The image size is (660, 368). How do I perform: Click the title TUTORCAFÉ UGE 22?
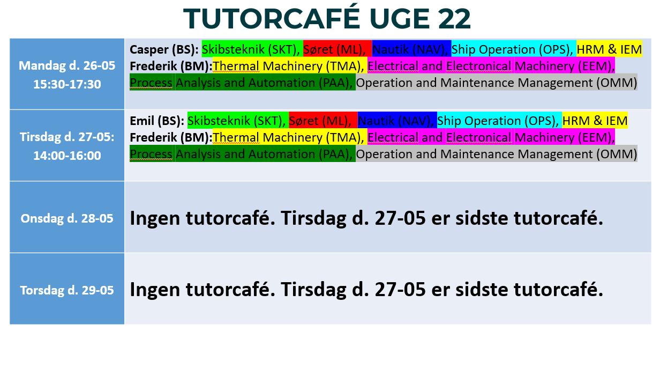327,18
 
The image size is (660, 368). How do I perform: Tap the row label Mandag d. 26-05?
67,66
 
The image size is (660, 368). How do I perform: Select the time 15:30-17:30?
67,84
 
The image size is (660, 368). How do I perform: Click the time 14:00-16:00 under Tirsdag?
67,156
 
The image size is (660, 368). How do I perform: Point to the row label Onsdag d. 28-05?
67,218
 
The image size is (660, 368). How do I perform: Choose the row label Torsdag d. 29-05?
67,290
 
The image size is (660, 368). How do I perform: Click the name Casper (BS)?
164,49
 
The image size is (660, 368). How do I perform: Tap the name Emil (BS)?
157,121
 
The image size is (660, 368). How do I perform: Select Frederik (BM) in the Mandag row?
171,66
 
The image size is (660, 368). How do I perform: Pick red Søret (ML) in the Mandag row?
334,49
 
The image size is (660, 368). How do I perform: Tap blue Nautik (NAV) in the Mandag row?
410,49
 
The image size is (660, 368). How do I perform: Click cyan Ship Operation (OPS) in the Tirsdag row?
498,121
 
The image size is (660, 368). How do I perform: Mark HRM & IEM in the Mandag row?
609,49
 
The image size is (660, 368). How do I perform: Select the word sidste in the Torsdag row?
482,290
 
